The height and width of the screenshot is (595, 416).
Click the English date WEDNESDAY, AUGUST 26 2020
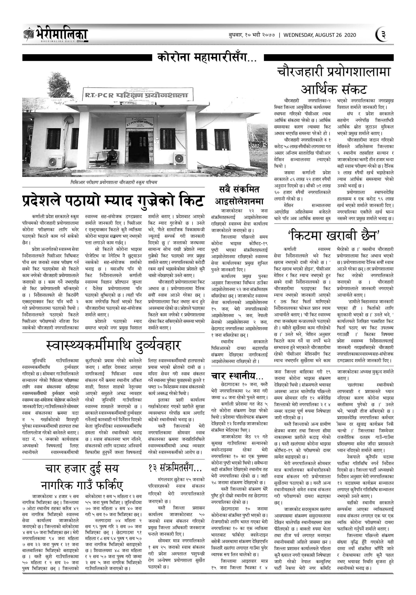(x=319, y=35)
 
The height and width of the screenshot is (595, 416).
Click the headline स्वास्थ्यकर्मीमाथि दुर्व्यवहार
(x=113, y=345)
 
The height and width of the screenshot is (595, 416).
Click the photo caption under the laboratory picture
(x=114, y=182)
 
